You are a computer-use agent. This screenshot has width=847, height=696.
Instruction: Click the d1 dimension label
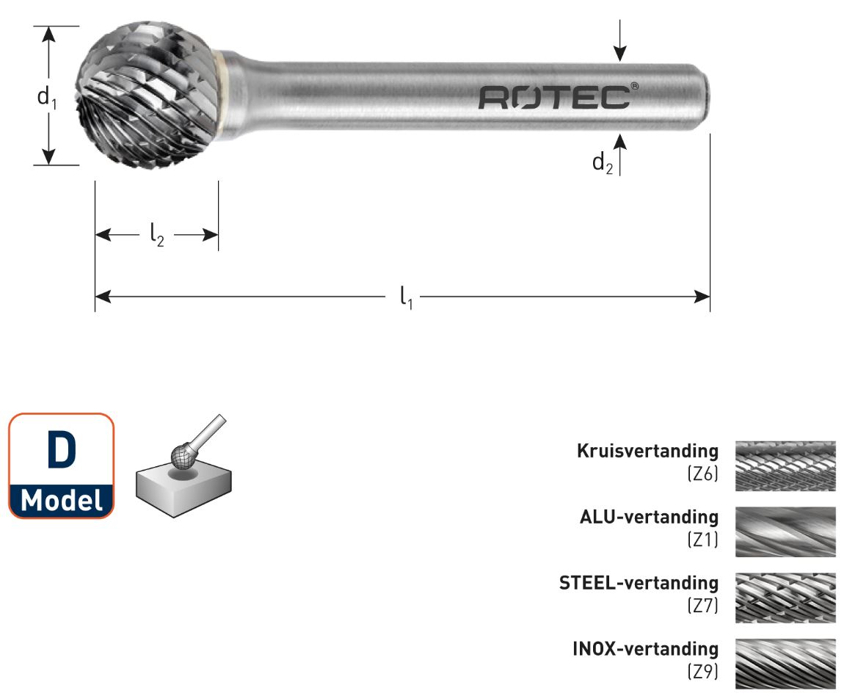pos(46,96)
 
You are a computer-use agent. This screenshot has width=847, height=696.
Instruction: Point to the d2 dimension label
pos(602,163)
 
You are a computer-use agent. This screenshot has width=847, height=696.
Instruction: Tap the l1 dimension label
pos(406,297)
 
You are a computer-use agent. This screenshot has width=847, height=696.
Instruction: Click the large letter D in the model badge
pos(61,451)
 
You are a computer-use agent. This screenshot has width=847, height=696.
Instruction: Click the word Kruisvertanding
pos(647,451)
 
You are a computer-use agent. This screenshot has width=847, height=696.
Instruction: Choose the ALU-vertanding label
pos(649,517)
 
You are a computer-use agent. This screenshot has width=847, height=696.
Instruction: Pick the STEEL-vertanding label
pos(639,583)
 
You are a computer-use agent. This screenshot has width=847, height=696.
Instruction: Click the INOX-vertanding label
pos(645,648)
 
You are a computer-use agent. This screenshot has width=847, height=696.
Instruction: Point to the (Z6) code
pos(702,474)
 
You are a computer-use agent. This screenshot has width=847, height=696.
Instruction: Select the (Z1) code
pos(702,540)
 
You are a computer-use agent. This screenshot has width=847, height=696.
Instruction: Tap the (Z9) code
pos(702,672)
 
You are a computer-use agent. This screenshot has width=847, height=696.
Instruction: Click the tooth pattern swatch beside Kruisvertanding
pos(785,465)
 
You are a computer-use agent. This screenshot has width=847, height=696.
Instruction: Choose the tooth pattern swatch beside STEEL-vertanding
pos(785,598)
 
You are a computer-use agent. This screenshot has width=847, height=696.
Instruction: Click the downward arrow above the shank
pos(620,44)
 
